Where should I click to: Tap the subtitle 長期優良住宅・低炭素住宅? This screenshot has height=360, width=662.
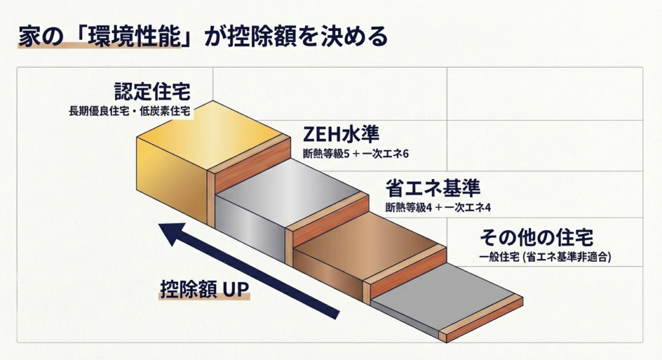pyautogui.click(x=129, y=111)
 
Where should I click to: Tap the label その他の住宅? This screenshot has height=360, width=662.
pyautogui.click(x=537, y=236)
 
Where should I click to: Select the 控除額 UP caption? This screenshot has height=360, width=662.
pyautogui.click(x=204, y=289)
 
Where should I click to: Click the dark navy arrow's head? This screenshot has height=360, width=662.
pyautogui.click(x=170, y=233)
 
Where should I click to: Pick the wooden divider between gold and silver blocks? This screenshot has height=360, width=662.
pyautogui.click(x=249, y=158)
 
